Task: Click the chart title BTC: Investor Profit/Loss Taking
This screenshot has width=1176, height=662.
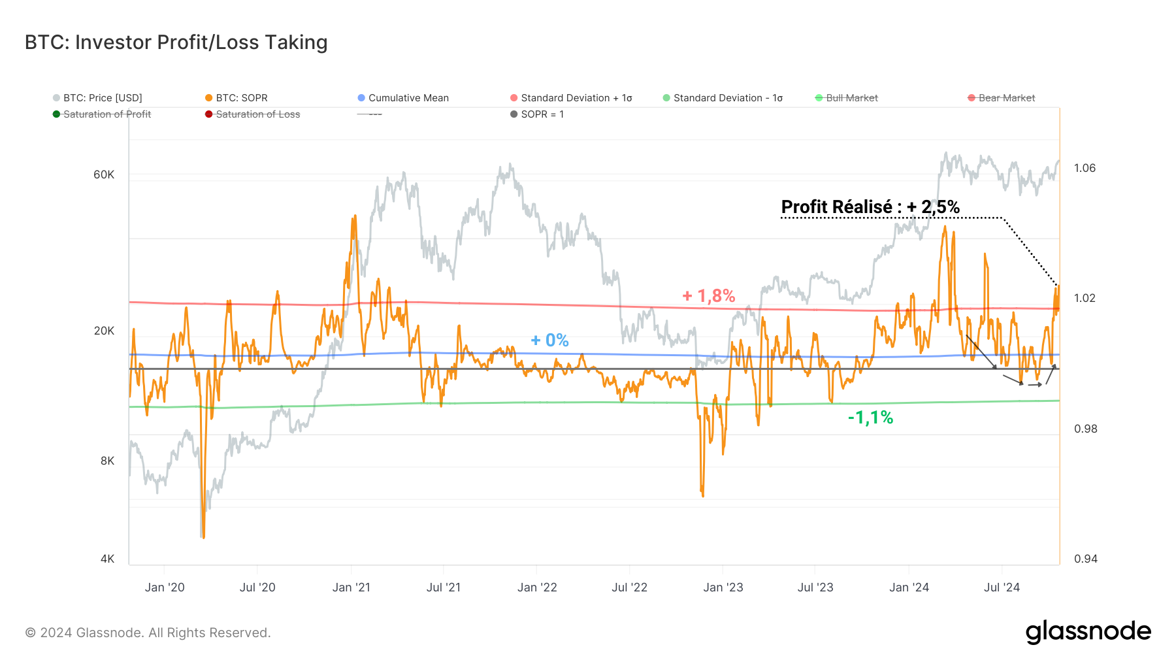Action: coord(176,42)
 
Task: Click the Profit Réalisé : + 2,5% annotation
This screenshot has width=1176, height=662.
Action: coord(870,207)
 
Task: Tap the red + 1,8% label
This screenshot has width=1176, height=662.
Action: coord(709,296)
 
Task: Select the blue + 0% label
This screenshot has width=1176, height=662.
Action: coord(549,340)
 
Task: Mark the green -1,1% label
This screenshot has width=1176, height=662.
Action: coord(870,418)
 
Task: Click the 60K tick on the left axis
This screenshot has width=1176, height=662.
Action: coord(104,174)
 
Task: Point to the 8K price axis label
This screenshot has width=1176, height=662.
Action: coord(107,461)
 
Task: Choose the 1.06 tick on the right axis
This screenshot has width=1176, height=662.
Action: coord(1085,168)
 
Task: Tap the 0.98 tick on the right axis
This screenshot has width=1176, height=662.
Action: coord(1085,429)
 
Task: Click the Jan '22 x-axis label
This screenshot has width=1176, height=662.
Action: coord(537,588)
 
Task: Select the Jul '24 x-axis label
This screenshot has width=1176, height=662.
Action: coord(1002,588)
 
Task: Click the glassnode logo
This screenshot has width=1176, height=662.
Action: coord(1088,632)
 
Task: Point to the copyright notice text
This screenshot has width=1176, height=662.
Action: coord(148,633)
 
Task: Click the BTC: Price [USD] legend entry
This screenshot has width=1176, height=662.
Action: coord(102,98)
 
